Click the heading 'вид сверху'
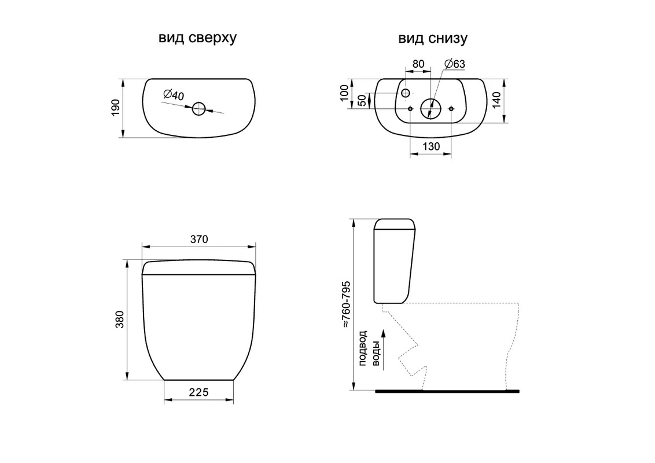pyautogui.click(x=197, y=38)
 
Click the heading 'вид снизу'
pyautogui.click(x=433, y=38)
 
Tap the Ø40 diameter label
pyautogui.click(x=174, y=95)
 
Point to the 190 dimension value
pyautogui.click(x=116, y=108)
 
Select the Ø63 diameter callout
pyautogui.click(x=454, y=64)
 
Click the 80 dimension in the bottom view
pyautogui.click(x=418, y=64)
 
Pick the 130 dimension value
pyautogui.click(x=431, y=146)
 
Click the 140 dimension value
pyautogui.click(x=496, y=100)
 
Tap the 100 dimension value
pyautogui.click(x=344, y=93)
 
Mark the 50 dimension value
pyautogui.click(x=362, y=100)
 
